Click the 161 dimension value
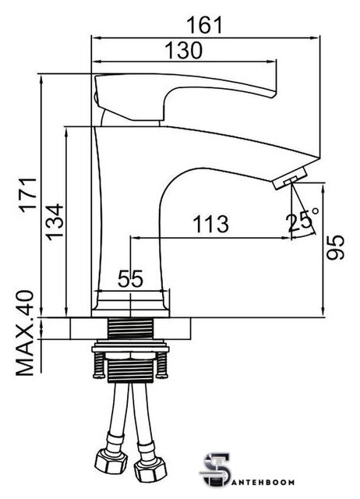(x=204, y=25)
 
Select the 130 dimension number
(x=183, y=50)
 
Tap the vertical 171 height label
(x=28, y=195)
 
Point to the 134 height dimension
(x=55, y=221)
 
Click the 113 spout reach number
(x=211, y=224)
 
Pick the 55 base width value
(x=130, y=279)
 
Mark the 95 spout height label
(x=336, y=248)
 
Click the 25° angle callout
(x=302, y=221)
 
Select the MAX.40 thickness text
(x=25, y=333)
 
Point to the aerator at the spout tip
(x=290, y=179)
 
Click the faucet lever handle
(x=185, y=97)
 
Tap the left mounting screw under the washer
(x=99, y=365)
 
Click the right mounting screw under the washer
(x=162, y=365)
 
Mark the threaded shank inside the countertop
(x=130, y=328)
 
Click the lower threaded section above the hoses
(x=130, y=371)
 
